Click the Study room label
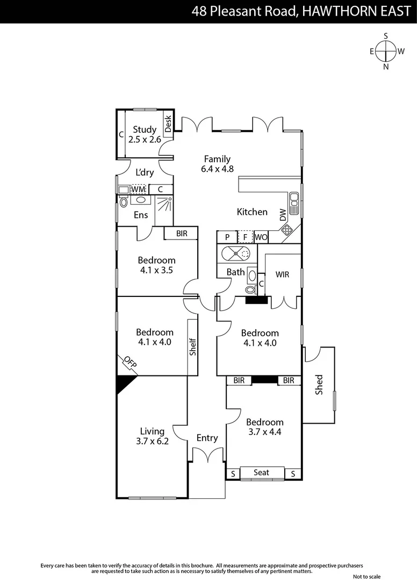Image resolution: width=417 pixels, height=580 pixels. click(x=145, y=129)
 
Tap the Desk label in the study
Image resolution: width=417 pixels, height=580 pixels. click(x=168, y=125)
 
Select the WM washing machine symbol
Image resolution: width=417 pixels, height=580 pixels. click(x=138, y=190)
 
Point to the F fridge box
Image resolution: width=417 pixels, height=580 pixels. click(x=245, y=237)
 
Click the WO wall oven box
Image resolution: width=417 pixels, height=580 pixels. click(x=261, y=237)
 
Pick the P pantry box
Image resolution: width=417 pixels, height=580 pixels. click(x=227, y=237)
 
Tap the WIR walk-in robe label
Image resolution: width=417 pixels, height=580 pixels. click(x=282, y=274)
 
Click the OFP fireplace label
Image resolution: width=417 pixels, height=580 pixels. click(x=131, y=363)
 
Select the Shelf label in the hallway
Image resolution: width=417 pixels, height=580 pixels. click(x=192, y=346)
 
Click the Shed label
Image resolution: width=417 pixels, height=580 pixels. click(x=319, y=385)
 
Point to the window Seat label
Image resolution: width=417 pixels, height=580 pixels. click(x=261, y=473)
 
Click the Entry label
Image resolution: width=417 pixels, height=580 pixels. click(x=207, y=438)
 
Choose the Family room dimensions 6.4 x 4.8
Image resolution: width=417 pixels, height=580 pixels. click(x=217, y=169)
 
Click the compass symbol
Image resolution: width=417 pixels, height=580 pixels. click(x=386, y=52)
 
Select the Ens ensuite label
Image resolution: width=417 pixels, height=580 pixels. click(x=141, y=215)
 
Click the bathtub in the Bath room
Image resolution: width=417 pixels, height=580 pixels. click(x=236, y=253)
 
